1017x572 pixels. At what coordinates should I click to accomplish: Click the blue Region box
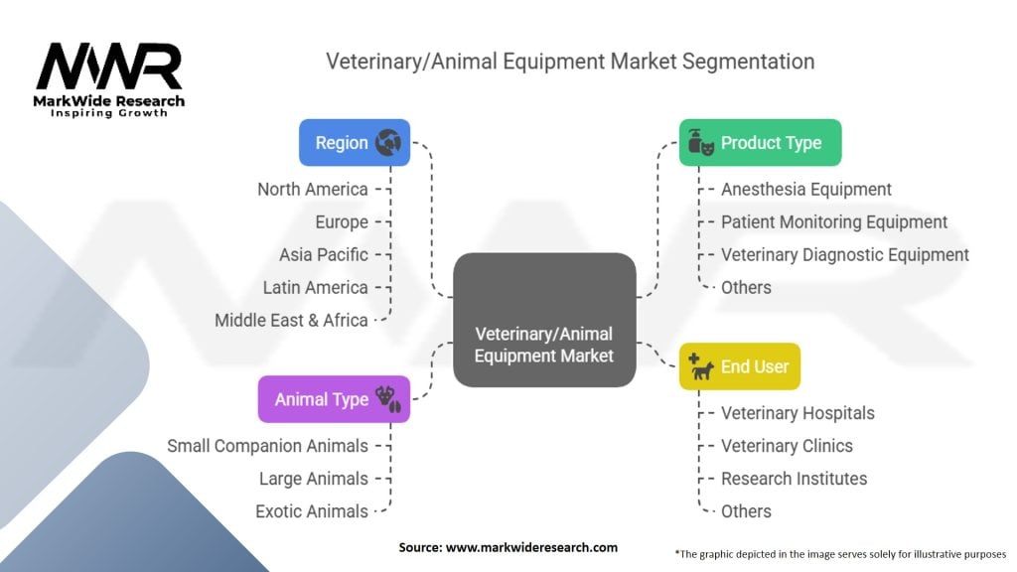point(355,143)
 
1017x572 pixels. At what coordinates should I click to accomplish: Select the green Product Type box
point(760,143)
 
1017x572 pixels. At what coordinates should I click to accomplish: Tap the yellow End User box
point(740,366)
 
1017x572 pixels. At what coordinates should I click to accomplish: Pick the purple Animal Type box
point(334,399)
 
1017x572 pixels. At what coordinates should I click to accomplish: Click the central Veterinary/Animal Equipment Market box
point(544,320)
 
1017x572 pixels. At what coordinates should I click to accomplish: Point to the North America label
point(312,189)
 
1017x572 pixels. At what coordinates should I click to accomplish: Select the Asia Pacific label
point(323,254)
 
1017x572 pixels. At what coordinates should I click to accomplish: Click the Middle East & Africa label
point(291,320)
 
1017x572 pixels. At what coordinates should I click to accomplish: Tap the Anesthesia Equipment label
point(805,189)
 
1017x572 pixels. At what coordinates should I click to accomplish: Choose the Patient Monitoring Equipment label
point(833,221)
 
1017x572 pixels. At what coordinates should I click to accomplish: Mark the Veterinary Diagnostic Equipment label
point(844,254)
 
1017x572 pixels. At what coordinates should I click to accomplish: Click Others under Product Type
point(746,287)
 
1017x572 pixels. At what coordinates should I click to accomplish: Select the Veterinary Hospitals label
point(798,412)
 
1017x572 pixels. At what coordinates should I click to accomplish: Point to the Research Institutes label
point(794,478)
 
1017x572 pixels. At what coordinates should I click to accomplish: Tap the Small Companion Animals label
point(267,446)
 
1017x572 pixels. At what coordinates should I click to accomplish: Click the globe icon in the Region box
point(388,143)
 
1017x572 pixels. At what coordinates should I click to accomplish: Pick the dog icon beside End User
point(702,367)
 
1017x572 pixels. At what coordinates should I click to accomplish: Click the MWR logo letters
point(109,67)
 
